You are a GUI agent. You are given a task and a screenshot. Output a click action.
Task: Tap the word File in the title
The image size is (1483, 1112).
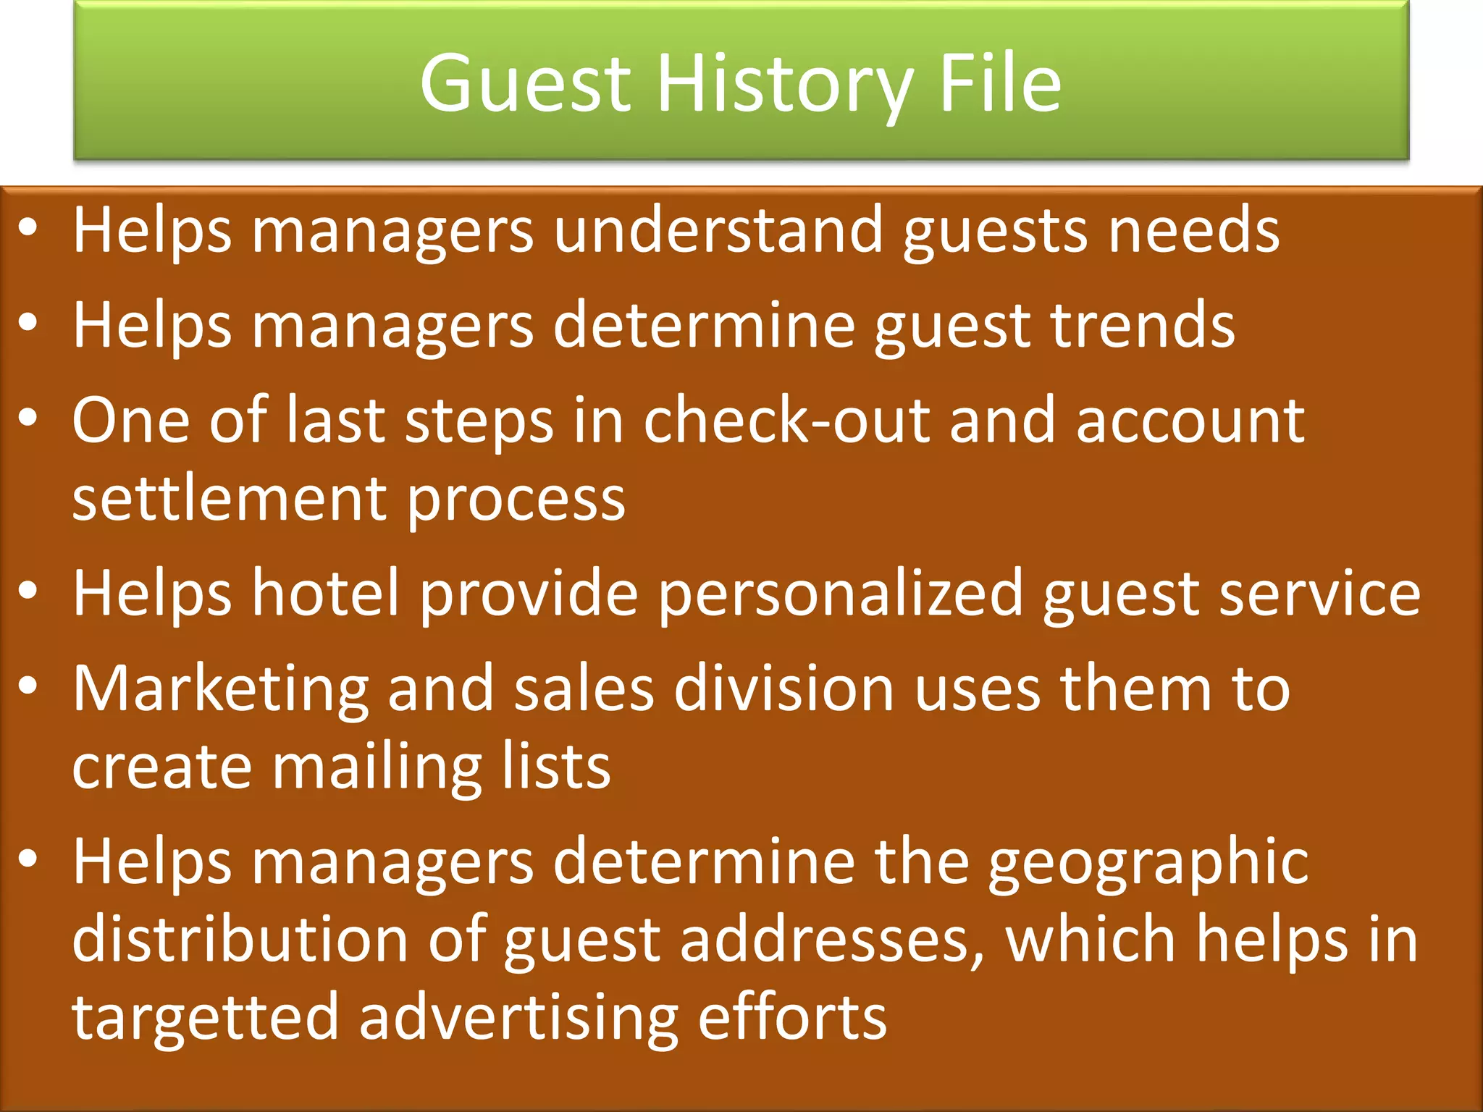pos(999,83)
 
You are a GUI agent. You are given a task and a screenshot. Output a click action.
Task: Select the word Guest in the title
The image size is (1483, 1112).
pos(525,84)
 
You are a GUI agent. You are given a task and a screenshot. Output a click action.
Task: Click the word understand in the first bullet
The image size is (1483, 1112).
pos(718,231)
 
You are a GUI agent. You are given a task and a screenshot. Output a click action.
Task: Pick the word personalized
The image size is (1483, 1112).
pos(840,594)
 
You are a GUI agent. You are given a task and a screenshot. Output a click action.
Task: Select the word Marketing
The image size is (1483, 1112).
pos(221,689)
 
